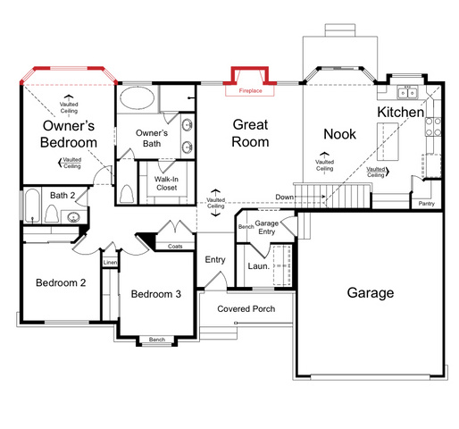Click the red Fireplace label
coord(250,90)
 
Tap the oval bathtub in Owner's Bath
coord(138,98)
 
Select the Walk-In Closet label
coord(166,183)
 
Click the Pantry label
coord(426,204)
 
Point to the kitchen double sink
coord(408,92)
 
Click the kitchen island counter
coord(388,141)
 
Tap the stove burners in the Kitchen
coord(433,127)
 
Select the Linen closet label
coord(110,263)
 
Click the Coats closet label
coord(175,247)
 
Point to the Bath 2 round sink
coord(73,217)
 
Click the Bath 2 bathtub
coord(32,206)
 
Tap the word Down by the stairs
coord(284,197)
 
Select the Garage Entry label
coord(267,227)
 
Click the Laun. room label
coord(258,265)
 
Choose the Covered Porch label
coord(246,309)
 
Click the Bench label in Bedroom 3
coord(157,340)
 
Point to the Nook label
coord(339,134)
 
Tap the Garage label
coord(371,292)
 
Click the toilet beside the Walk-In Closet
coord(126,194)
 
